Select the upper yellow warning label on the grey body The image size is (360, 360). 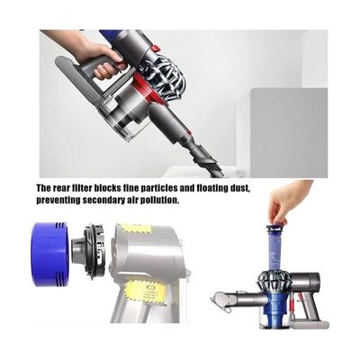click(133, 229)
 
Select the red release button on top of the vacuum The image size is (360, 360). click(155, 48)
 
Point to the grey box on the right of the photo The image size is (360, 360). click(289, 132)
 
